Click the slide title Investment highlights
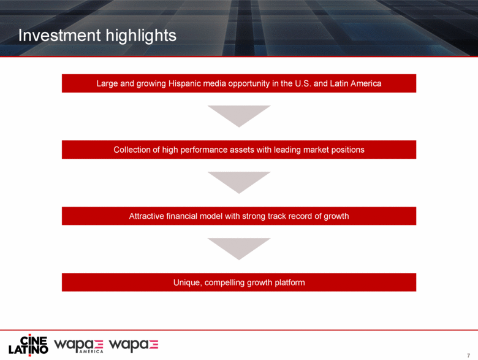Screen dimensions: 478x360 [97, 36]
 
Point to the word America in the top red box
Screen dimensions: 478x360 [366, 83]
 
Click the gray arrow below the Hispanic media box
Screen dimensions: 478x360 [239, 115]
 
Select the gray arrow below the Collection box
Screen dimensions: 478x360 [239, 181]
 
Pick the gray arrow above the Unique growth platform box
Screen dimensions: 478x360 [239, 247]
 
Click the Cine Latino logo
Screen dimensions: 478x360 [28, 345]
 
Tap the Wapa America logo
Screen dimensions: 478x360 [78, 346]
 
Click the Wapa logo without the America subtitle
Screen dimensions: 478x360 [134, 345]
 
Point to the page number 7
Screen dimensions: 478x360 [469, 356]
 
